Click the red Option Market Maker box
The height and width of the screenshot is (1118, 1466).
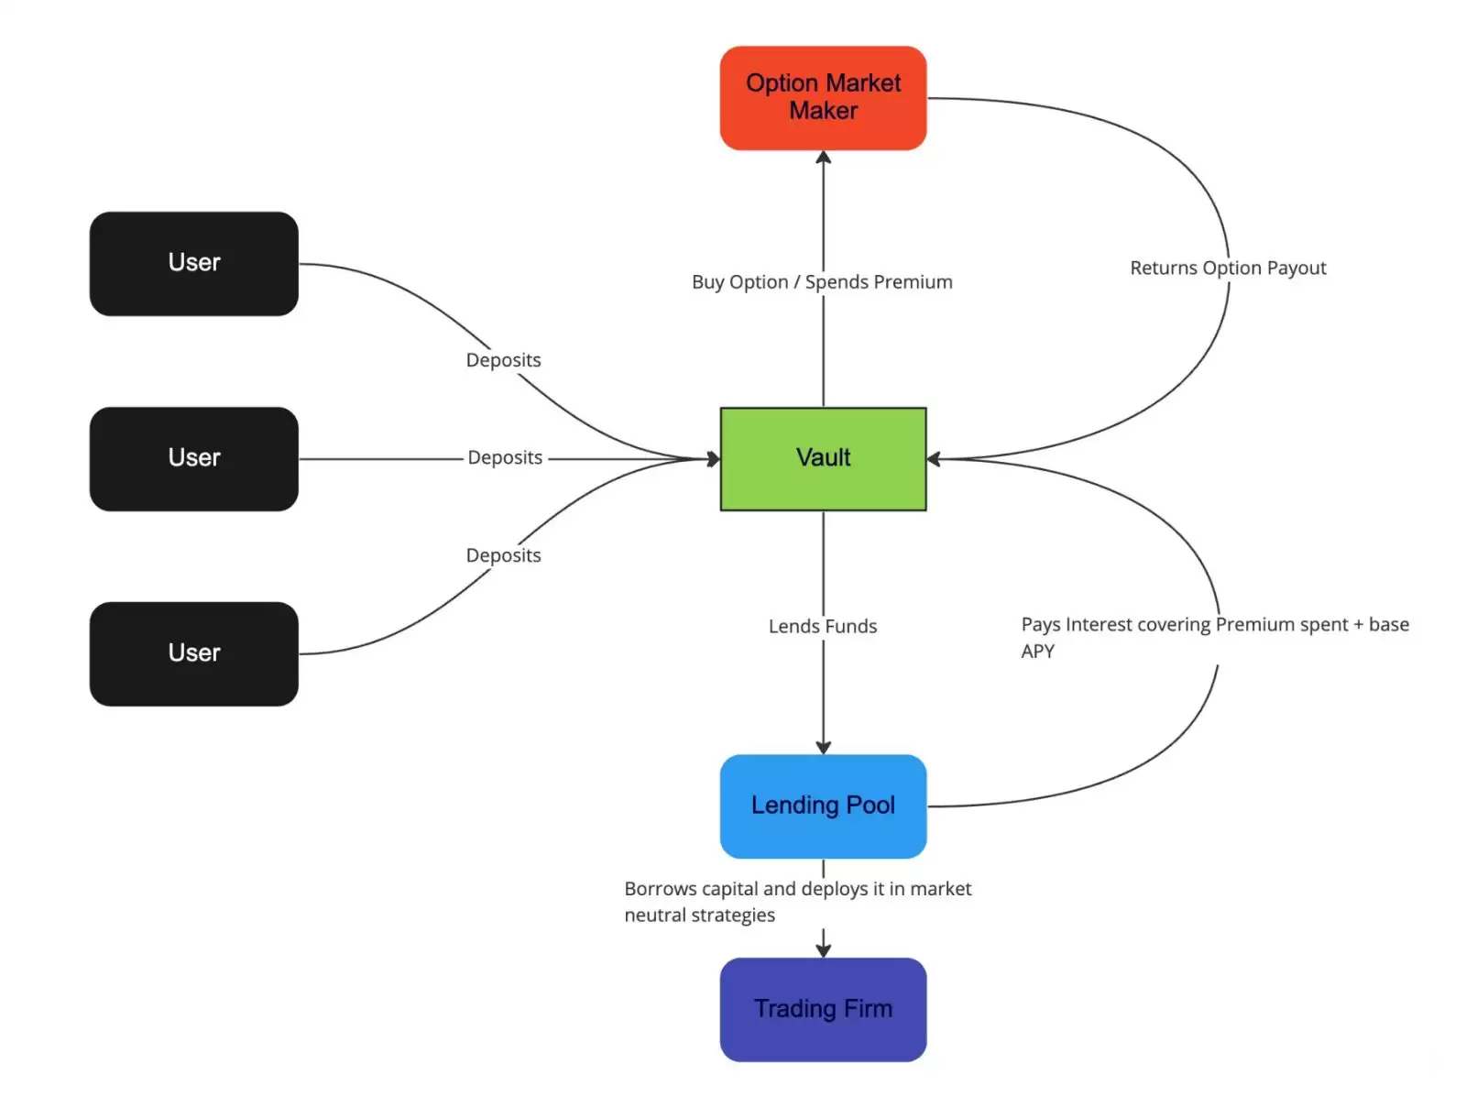point(823,98)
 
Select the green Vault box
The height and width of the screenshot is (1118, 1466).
point(823,458)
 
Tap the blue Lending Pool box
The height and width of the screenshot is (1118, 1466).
point(823,806)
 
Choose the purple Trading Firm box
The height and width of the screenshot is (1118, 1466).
point(823,1009)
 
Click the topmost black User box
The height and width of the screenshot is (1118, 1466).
point(194,264)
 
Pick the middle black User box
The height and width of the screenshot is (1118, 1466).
point(194,458)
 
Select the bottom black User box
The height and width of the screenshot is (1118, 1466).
point(194,653)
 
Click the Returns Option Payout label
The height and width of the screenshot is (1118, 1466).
point(1228,268)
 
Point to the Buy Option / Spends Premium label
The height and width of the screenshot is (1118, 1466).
point(822,282)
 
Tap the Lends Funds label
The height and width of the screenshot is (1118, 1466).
point(823,626)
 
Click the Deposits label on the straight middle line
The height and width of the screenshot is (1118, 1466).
point(505,457)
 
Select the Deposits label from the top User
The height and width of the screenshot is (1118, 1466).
point(503,360)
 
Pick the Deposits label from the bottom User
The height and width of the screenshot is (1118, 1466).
point(503,555)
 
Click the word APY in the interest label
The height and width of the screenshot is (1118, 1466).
point(1037,652)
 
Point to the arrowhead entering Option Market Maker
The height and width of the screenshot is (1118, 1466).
point(823,158)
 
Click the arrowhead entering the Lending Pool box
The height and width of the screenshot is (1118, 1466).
point(823,748)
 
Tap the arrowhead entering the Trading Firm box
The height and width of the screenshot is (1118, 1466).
point(823,950)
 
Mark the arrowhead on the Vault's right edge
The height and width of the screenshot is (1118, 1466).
point(934,458)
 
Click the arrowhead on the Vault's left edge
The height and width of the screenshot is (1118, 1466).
point(714,458)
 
